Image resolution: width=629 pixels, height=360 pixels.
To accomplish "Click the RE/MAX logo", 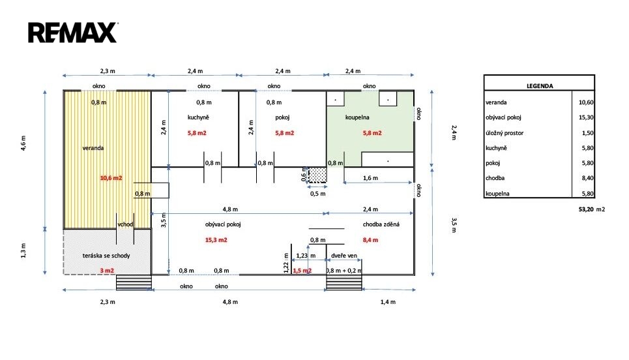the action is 73,33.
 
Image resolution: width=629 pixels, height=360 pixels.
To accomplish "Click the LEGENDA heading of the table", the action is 540,86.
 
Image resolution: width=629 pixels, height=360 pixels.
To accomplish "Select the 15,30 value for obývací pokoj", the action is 586,117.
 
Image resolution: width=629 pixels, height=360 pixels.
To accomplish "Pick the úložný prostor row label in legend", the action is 505,133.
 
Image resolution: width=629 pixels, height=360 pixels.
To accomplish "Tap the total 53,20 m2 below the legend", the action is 591,209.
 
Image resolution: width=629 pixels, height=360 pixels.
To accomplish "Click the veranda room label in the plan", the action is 93,148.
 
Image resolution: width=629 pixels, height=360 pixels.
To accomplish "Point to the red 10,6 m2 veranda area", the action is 111,178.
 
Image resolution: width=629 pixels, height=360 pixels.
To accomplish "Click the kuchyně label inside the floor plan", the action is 198,117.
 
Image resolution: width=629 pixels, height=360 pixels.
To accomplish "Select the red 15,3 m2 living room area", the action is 216,240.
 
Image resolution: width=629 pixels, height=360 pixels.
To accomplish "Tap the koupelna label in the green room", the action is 357,117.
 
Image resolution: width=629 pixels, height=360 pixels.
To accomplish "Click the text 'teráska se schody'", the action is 106,256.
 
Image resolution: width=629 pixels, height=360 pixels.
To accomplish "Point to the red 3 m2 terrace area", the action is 107,271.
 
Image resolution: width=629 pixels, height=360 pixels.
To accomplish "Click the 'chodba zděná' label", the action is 381,224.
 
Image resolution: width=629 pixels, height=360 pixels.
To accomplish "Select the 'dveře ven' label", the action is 344,256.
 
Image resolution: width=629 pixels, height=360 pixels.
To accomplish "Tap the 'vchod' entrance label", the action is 125,224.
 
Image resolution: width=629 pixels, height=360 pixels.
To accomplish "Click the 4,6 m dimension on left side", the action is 23,143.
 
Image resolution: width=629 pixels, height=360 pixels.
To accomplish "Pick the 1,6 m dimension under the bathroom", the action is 370,178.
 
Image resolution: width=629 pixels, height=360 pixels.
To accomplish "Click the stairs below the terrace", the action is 134,282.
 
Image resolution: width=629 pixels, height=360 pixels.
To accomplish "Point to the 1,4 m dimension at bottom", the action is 388,302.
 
